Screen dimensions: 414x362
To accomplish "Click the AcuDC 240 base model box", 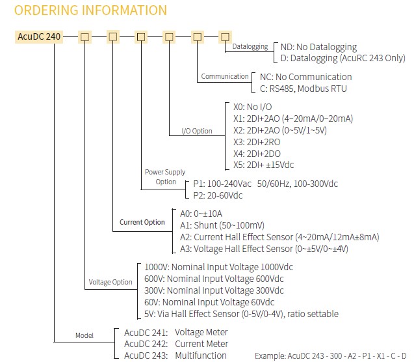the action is click(x=39, y=36).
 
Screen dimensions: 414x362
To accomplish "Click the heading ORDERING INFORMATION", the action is click(x=90, y=10).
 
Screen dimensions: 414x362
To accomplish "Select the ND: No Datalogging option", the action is click(x=318, y=47).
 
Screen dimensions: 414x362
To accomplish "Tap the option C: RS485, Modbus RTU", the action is click(x=304, y=89).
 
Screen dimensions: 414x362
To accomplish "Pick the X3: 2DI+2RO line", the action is click(x=257, y=142).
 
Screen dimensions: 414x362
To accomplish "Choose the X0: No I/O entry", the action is click(x=252, y=107).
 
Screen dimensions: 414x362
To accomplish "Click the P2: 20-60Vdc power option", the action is click(x=218, y=195).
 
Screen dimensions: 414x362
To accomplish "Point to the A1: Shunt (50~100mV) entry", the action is click(x=222, y=225).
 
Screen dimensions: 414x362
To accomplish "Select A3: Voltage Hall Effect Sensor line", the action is click(x=264, y=249).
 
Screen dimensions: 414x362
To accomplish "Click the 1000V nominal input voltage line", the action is click(x=218, y=267).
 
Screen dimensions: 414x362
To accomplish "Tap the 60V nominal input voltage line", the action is click(x=209, y=302).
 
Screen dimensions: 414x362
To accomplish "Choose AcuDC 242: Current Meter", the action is click(x=176, y=344).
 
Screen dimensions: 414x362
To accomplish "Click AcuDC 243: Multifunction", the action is click(x=175, y=355).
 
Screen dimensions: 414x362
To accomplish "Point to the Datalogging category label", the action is click(x=250, y=46).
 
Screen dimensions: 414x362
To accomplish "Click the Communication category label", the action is click(x=225, y=76).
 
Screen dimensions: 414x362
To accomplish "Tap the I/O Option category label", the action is click(x=197, y=131).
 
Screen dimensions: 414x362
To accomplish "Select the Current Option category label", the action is click(x=142, y=222).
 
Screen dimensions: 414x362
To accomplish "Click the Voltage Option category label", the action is click(x=110, y=282).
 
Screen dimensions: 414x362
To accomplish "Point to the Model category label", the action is click(x=84, y=335).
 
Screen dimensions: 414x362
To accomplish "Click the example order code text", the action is click(x=331, y=356).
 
